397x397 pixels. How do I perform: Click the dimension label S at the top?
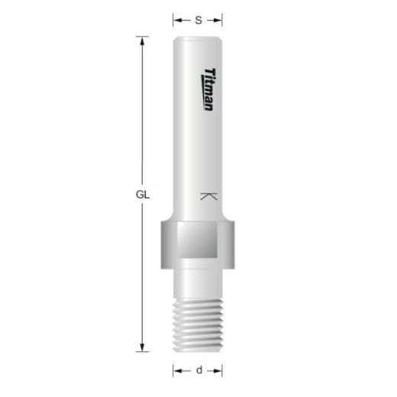198,21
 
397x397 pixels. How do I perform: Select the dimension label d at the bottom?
198,370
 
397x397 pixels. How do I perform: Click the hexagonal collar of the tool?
198,246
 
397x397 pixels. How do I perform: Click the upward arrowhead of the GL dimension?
142,40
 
